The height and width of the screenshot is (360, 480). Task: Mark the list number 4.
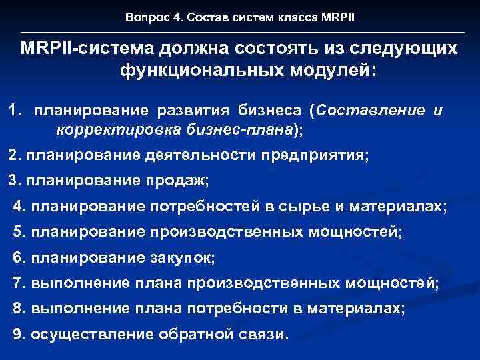(17, 207)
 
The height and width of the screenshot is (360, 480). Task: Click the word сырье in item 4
(309, 207)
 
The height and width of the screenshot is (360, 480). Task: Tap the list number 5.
(17, 232)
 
